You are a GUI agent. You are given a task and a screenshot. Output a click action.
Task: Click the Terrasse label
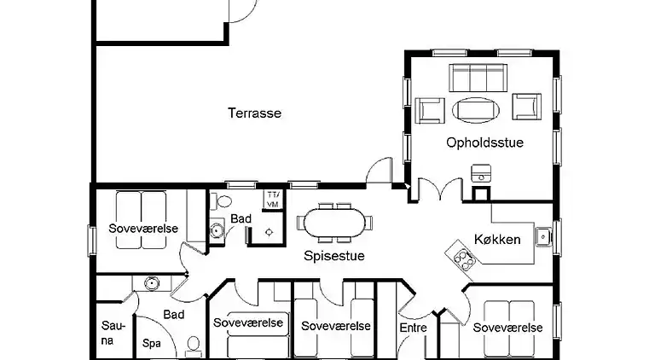(x=254, y=113)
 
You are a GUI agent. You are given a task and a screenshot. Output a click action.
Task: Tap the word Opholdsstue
(x=484, y=142)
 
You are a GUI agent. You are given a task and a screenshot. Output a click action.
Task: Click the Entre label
(x=413, y=328)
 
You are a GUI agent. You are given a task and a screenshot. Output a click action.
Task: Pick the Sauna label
(x=113, y=333)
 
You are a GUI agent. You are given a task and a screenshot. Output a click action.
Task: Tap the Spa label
(x=152, y=343)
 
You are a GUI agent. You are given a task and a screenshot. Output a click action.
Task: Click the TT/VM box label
(x=273, y=200)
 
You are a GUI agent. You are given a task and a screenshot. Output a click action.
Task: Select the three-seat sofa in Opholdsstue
(x=478, y=78)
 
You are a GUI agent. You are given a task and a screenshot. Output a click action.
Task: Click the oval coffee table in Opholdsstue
(x=478, y=108)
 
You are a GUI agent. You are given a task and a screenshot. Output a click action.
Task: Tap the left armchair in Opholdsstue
(x=431, y=108)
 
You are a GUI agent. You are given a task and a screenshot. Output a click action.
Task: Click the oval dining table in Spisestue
(x=333, y=224)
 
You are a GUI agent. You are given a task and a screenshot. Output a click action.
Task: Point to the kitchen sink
(x=542, y=234)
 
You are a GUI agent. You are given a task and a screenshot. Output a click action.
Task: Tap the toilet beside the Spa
(x=194, y=345)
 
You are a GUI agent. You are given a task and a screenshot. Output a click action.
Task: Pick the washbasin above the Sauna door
(x=153, y=283)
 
